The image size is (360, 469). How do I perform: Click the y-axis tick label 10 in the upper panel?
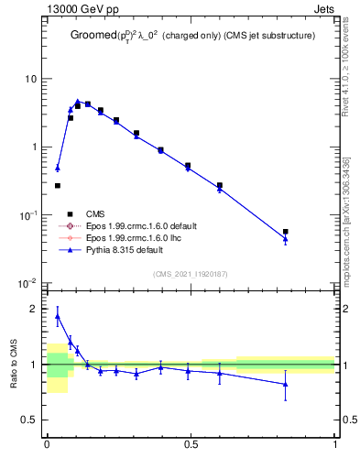pyautogui.click(x=31, y=79)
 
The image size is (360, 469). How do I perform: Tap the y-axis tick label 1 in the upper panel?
pyautogui.click(x=34, y=147)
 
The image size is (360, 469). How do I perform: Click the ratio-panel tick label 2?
pyautogui.click(x=35, y=310)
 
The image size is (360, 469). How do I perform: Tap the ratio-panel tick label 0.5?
pyautogui.click(x=30, y=420)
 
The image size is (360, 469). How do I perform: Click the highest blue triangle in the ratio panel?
pyautogui.click(x=58, y=316)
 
